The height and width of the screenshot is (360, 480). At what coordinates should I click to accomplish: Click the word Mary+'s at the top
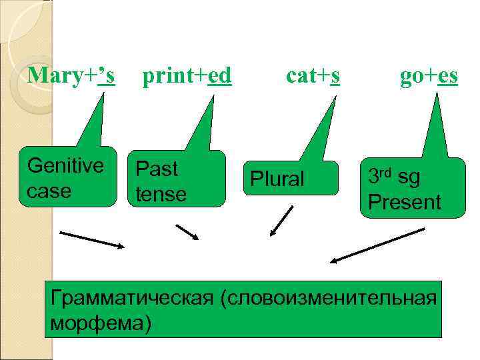point(71,77)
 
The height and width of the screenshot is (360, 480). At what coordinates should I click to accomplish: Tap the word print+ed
point(187,77)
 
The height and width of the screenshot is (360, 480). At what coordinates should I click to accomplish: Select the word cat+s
point(313,77)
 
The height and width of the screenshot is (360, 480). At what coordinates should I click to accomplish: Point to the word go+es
point(429,77)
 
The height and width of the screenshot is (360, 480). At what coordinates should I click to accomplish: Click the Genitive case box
point(67,177)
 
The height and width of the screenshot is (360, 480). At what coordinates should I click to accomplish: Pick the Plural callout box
point(291,178)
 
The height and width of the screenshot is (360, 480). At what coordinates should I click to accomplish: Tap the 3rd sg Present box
point(411,188)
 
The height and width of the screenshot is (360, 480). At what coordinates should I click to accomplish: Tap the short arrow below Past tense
point(187,231)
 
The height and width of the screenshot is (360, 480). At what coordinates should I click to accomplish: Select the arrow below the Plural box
point(281,221)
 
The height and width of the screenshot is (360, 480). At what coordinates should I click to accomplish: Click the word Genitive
point(65,165)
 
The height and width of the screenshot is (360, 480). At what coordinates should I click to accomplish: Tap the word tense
point(161,193)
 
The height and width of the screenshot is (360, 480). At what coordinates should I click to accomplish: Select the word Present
point(405,201)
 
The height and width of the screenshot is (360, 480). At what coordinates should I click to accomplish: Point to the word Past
point(157,169)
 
